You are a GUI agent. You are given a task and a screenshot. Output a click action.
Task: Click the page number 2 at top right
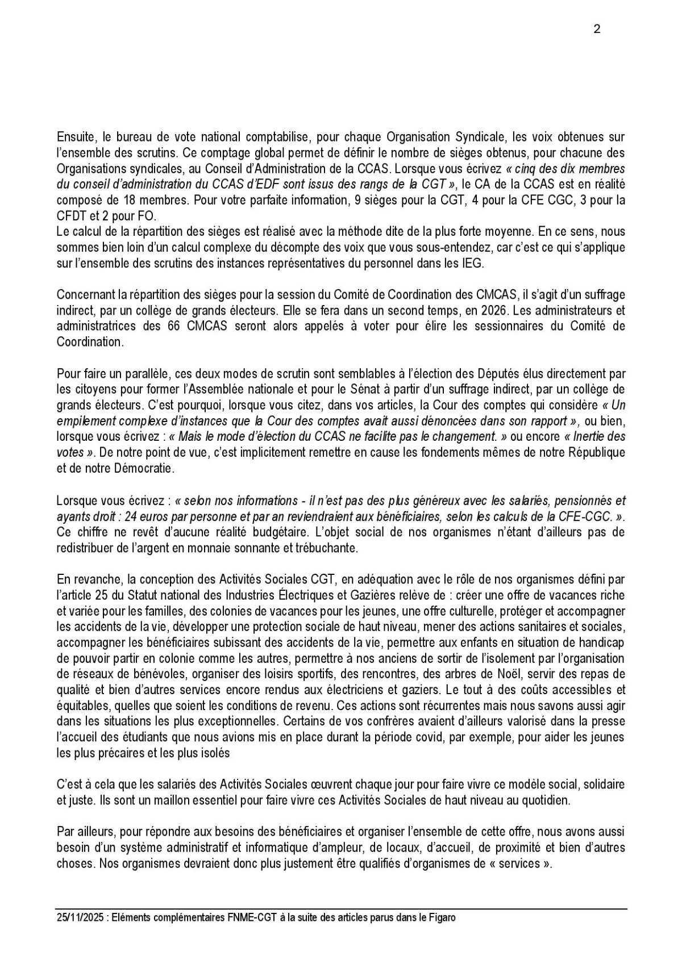click(x=597, y=30)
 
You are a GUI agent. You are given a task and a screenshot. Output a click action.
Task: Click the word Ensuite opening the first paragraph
click(x=76, y=137)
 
